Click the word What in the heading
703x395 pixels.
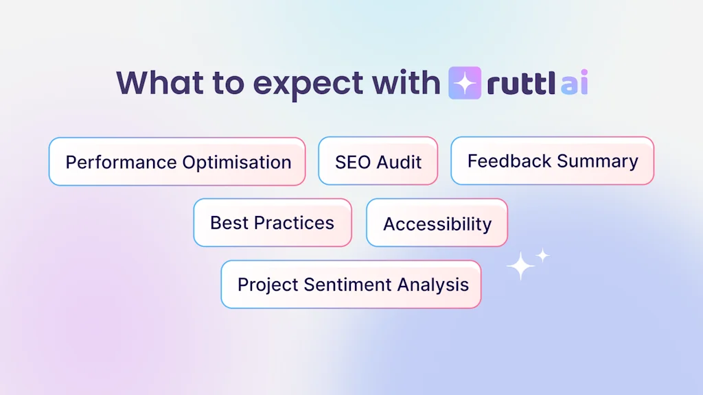point(159,82)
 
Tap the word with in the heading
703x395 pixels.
point(406,82)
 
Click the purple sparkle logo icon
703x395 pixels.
point(465,83)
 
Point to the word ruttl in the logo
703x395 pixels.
point(520,83)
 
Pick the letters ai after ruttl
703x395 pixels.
point(574,83)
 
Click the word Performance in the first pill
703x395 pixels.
point(121,163)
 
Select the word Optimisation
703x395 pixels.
point(237,163)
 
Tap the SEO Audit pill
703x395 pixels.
point(378,162)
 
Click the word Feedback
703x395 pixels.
point(509,161)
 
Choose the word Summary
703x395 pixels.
point(597,161)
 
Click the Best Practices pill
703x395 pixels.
point(272,223)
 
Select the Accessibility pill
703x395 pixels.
point(437,224)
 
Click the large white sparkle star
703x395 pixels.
point(520,266)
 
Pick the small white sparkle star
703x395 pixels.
point(543,255)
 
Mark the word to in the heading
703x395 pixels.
point(227,83)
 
